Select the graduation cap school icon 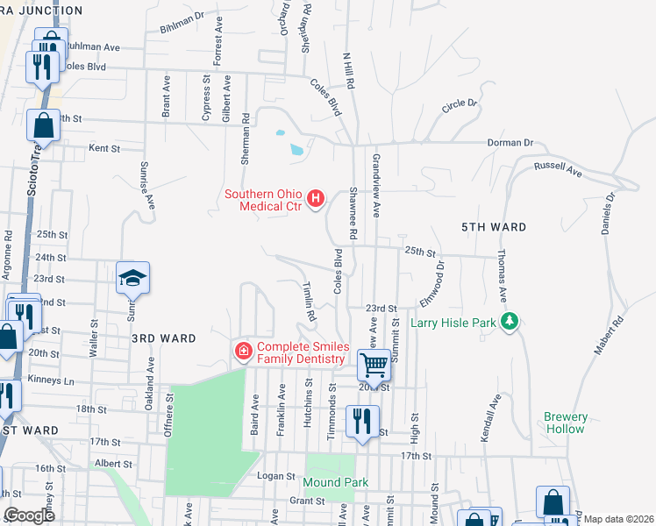click(x=133, y=278)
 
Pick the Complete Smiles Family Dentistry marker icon click(x=243, y=352)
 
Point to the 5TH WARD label click(x=494, y=227)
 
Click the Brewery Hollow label click(x=566, y=423)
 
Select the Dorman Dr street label click(x=511, y=142)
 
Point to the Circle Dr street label click(x=460, y=103)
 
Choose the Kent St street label click(x=104, y=149)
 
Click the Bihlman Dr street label click(x=182, y=22)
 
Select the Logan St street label click(x=279, y=476)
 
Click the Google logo click(x=29, y=515)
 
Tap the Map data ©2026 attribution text click(x=617, y=519)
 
